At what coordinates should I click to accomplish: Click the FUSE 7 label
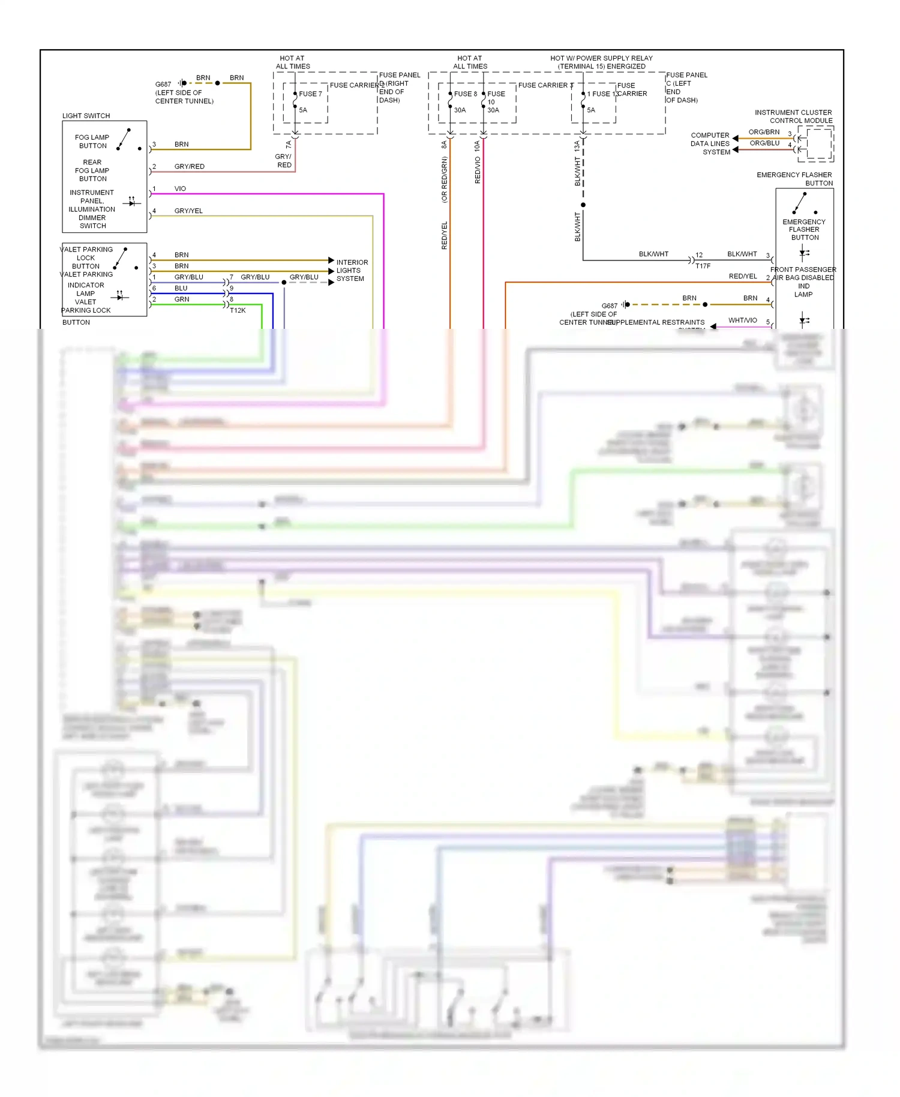click(310, 94)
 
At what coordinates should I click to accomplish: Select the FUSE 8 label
click(465, 94)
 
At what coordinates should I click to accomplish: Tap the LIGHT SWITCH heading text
click(86, 116)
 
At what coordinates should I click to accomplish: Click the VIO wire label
click(180, 188)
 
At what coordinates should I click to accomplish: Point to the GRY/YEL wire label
click(188, 211)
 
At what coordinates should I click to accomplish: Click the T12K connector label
click(238, 310)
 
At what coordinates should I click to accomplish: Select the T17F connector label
click(703, 266)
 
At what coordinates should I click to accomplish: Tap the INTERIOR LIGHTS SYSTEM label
click(352, 271)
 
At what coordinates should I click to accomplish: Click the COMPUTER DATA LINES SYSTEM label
click(710, 143)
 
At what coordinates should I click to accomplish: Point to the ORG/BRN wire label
click(764, 132)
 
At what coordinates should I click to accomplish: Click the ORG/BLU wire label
click(764, 143)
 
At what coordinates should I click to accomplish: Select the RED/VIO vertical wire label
click(478, 170)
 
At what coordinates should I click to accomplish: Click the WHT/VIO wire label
click(742, 320)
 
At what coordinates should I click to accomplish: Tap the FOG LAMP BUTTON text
click(92, 142)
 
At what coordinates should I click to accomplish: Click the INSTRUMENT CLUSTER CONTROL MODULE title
click(794, 116)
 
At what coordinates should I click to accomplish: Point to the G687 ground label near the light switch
click(163, 85)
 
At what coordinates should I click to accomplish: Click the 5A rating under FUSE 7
click(303, 110)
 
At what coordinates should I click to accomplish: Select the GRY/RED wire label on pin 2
click(189, 166)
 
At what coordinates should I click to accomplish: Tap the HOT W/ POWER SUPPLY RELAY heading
click(601, 62)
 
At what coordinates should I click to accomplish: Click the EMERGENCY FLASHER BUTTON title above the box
click(794, 179)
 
